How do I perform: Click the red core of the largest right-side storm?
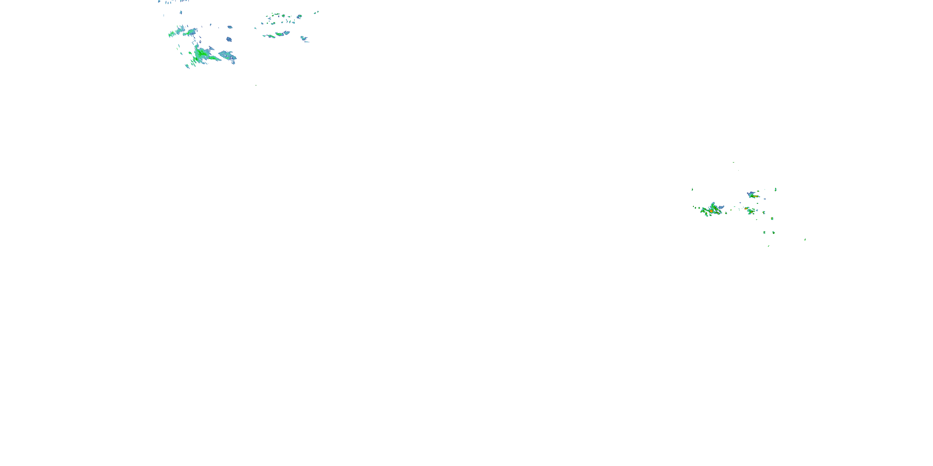[x=711, y=211]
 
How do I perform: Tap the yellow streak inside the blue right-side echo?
[x=755, y=196]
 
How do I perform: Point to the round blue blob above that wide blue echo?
[x=229, y=39]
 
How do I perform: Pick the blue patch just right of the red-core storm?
[x=721, y=207]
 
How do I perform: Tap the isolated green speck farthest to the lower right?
[x=805, y=239]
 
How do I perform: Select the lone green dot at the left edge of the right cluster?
[x=692, y=189]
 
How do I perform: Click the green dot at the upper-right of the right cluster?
[x=775, y=189]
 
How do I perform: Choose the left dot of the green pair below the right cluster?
[x=764, y=232]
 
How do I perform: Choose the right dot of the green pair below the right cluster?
[x=773, y=232]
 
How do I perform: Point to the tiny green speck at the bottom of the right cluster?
[x=768, y=246]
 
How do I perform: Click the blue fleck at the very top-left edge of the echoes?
[x=159, y=2]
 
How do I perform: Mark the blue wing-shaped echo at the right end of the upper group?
[x=304, y=38]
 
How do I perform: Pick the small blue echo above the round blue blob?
[x=230, y=27]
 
